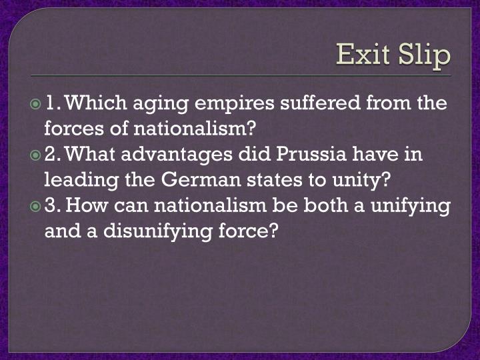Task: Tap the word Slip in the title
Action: point(422,55)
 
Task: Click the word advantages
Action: point(179,155)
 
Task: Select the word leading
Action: point(75,180)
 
